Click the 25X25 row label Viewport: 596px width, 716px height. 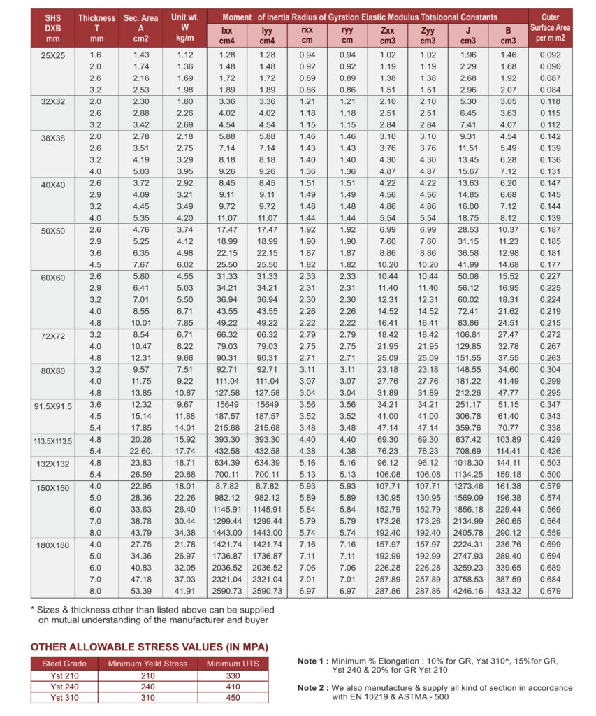(52, 55)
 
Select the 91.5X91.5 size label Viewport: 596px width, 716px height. (53, 406)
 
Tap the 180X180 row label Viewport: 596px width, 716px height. (52, 545)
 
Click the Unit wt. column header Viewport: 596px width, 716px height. (184, 27)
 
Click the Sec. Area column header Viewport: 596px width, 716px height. (140, 27)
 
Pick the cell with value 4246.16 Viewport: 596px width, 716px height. (467, 591)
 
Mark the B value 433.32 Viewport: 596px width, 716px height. (507, 591)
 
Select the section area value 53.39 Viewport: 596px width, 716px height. (140, 591)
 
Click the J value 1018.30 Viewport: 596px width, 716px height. (467, 462)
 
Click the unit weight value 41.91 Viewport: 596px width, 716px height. (184, 591)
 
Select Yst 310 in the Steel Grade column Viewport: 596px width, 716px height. (64, 697)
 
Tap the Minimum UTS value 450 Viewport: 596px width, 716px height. (233, 697)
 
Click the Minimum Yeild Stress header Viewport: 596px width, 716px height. (147, 664)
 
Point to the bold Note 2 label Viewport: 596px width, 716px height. (312, 688)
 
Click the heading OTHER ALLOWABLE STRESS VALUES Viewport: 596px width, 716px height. (149, 647)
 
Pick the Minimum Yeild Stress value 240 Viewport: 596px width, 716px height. (147, 687)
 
